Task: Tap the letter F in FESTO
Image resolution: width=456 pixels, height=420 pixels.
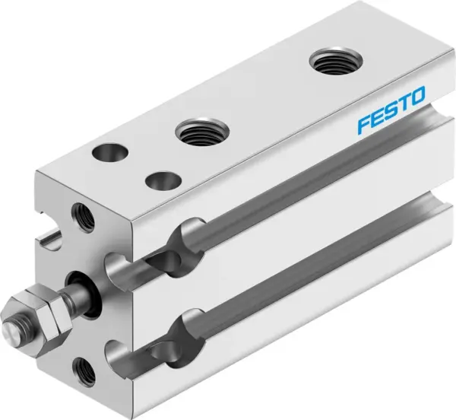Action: click(364, 122)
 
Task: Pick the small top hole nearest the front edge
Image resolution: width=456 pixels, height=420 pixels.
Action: click(162, 181)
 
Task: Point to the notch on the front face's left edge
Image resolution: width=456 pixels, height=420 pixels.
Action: click(48, 241)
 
